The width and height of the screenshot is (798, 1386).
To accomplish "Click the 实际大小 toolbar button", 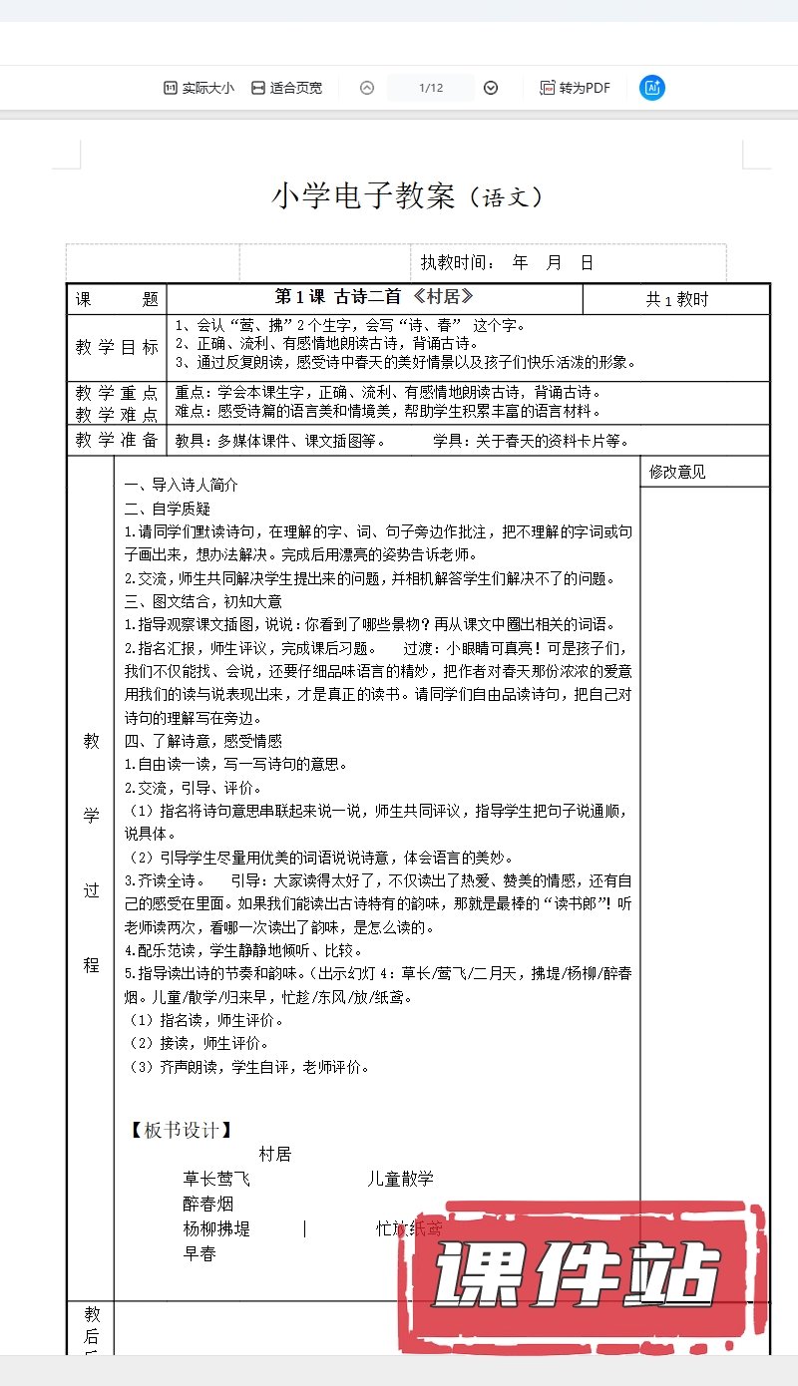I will [199, 88].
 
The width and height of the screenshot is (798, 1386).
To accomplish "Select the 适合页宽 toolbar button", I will [286, 88].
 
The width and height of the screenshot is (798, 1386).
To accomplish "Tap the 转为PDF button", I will [575, 88].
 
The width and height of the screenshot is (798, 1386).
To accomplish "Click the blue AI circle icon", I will [652, 88].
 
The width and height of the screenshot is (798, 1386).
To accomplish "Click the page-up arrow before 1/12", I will [367, 88].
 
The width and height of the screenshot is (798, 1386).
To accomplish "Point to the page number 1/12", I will [431, 88].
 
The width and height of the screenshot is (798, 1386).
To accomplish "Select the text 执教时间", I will [457, 262].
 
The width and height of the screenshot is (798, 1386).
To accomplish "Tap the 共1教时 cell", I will [677, 299].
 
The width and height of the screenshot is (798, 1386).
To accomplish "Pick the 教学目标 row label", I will [117, 348].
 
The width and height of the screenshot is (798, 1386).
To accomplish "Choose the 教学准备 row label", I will [117, 440].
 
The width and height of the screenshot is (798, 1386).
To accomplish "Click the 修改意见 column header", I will [677, 472].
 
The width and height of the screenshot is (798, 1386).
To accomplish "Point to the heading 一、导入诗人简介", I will [182, 486].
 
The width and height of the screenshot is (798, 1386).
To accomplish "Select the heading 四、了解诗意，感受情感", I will [203, 741].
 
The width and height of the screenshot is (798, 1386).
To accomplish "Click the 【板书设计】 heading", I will [182, 1130].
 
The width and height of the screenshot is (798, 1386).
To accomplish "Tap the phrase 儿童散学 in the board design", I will [401, 1179].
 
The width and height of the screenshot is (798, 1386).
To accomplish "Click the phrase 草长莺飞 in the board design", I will [217, 1179].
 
